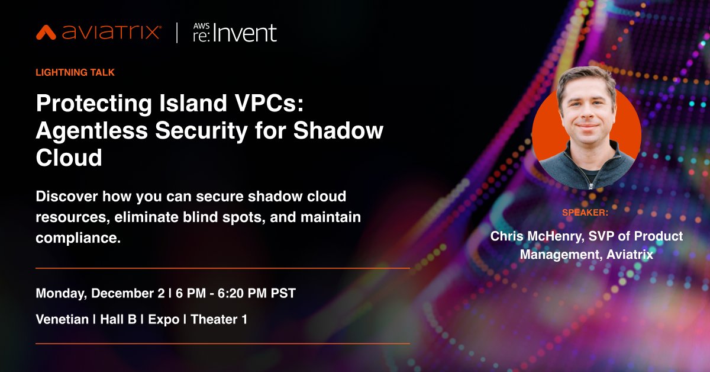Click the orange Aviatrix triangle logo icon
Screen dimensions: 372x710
(46, 32)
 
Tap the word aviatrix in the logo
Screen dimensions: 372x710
(109, 32)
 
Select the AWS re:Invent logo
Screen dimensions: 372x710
(235, 32)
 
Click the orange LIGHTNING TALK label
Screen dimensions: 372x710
(75, 72)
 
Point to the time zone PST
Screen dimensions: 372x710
(283, 294)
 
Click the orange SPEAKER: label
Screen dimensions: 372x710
(586, 213)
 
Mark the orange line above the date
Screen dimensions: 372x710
(222, 268)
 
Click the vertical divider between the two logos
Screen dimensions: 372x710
(177, 32)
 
